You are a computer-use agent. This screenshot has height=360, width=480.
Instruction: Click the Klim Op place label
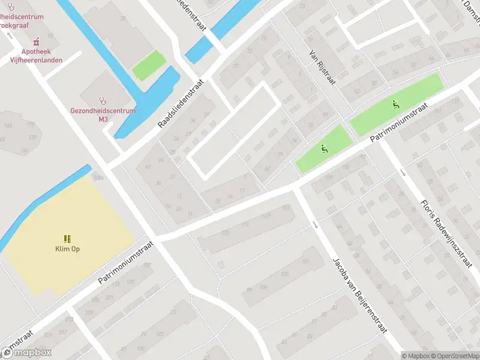67,249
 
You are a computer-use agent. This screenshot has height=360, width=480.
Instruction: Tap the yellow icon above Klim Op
67,238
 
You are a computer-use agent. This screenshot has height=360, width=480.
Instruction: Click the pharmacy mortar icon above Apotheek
37,42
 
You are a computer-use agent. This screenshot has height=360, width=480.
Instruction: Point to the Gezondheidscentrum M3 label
103,115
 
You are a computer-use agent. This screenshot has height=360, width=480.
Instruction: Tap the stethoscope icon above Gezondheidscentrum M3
103,100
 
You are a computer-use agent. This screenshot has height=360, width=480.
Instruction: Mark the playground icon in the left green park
325,149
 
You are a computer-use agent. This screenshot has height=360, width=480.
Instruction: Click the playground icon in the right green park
394,104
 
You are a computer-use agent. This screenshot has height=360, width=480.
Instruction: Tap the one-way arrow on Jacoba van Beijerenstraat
316,225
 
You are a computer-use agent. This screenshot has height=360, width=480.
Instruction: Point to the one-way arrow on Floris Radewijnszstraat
403,173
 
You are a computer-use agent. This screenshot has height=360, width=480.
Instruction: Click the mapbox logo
26,353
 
